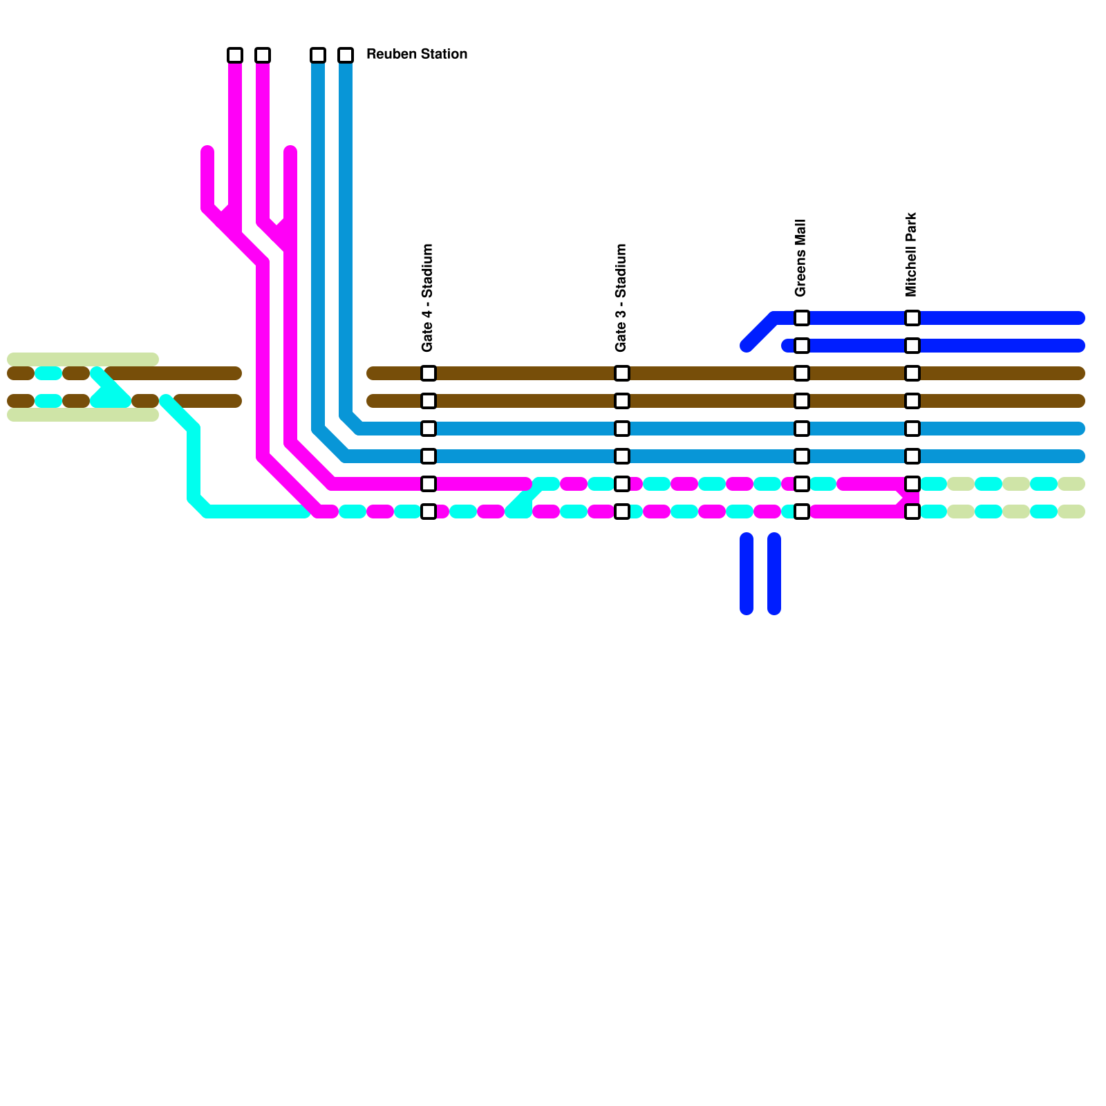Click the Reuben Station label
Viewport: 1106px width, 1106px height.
coord(416,54)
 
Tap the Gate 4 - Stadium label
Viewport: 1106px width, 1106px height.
coord(427,297)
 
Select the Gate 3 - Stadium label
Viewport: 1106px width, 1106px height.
coord(621,297)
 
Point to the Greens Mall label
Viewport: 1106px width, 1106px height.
coord(800,258)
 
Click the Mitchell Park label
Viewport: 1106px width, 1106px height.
coord(911,254)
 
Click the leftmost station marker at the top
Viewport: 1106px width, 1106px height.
coord(235,55)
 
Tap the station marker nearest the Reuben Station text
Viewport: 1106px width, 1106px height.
coord(346,55)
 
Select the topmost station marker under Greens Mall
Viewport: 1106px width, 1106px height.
coord(802,318)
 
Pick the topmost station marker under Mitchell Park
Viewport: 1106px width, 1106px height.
coord(912,318)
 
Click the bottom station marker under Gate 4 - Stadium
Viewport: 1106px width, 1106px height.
coord(429,512)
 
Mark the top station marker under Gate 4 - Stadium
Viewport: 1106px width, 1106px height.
coord(429,373)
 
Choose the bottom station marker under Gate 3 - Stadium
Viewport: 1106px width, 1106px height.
coord(622,512)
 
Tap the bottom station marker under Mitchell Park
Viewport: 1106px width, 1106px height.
coord(912,512)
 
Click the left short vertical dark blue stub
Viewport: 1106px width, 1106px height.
coord(747,574)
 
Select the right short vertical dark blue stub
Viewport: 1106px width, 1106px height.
coord(774,574)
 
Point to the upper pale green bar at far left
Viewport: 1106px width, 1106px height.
coord(83,359)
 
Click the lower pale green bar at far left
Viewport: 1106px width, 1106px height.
coord(83,415)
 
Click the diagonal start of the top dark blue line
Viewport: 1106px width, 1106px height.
coord(759,332)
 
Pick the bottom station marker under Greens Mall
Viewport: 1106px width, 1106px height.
coord(802,512)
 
